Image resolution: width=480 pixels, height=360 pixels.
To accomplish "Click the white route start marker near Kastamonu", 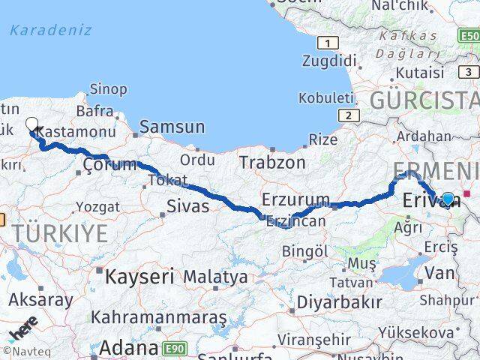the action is (31, 124).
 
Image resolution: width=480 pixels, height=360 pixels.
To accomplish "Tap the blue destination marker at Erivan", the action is (448, 199).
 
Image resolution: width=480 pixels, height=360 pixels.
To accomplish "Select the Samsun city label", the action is (172, 127).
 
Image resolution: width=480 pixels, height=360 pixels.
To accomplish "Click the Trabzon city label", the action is (272, 162).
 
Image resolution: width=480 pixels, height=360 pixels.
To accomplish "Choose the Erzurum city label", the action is (295, 199).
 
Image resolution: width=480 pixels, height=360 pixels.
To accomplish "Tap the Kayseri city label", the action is (140, 276).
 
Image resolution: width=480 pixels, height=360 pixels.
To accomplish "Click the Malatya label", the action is (215, 277).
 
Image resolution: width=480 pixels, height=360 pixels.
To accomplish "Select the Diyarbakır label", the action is (339, 302).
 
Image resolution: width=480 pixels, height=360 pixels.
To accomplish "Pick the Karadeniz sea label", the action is (51, 31).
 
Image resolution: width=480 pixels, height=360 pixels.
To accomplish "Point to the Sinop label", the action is (108, 89).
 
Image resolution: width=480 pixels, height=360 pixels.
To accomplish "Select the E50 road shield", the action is (469, 35).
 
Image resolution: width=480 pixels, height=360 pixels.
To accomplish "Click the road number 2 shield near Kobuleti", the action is (348, 115).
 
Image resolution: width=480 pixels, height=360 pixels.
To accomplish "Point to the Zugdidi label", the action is (330, 61).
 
